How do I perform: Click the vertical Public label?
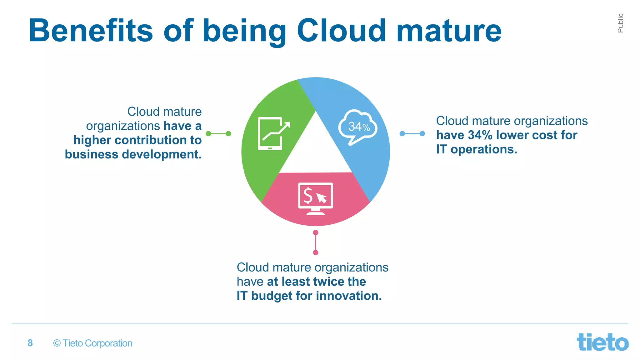click(620, 23)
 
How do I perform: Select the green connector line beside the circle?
click(218, 134)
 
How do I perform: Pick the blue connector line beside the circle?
click(412, 134)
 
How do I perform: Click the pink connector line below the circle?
click(316, 242)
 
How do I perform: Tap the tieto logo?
click(602, 342)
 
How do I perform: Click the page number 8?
click(30, 343)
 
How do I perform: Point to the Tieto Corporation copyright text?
click(93, 343)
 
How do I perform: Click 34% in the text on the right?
click(480, 135)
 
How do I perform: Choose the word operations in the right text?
click(484, 149)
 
